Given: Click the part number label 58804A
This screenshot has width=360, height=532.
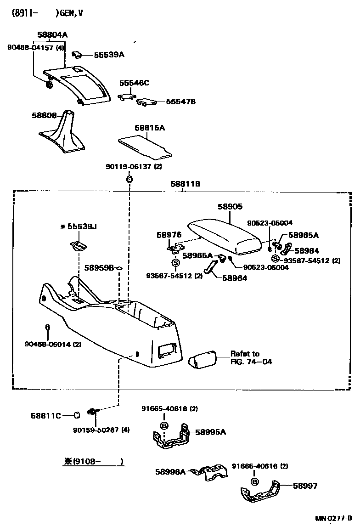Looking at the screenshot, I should coord(52,34).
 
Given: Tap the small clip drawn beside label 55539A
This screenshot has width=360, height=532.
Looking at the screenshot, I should coord(78,55).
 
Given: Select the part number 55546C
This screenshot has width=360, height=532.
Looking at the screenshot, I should coord(135,83).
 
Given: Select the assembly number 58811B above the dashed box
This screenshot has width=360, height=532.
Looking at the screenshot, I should coord(186,184).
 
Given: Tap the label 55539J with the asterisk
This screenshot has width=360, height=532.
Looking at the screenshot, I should coord(79,226).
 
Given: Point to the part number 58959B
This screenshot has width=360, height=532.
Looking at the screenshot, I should coord(99,267).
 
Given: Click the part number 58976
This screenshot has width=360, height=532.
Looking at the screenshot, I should coord(166,234).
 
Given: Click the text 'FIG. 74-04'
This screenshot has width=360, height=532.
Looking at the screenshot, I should coord(251,362).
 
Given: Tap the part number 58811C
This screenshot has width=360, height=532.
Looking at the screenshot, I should coord(46,416).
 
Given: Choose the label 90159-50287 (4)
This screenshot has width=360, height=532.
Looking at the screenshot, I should coord(101,430).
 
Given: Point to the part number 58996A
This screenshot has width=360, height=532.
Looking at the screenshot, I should coord(170,471).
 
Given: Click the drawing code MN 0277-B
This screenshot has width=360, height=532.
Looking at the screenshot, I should coord(333,519).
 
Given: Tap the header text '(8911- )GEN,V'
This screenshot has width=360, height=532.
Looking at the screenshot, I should coord(46,13).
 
